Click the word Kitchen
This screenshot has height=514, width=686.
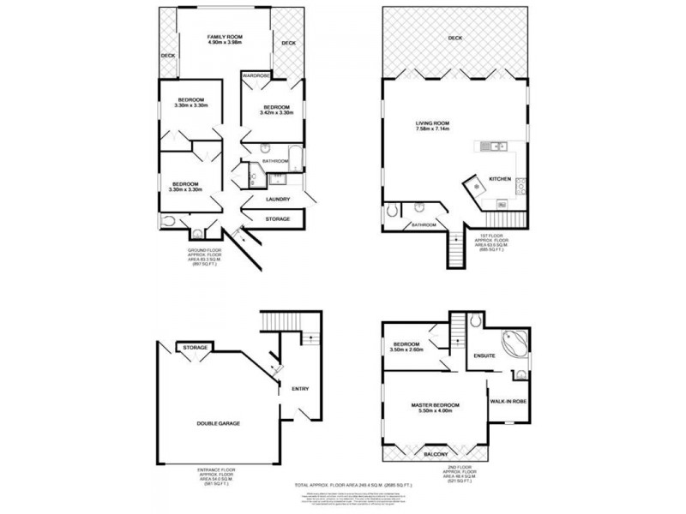click(500, 178)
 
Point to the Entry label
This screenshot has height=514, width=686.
click(300, 389)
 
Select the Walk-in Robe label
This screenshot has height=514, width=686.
click(506, 400)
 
